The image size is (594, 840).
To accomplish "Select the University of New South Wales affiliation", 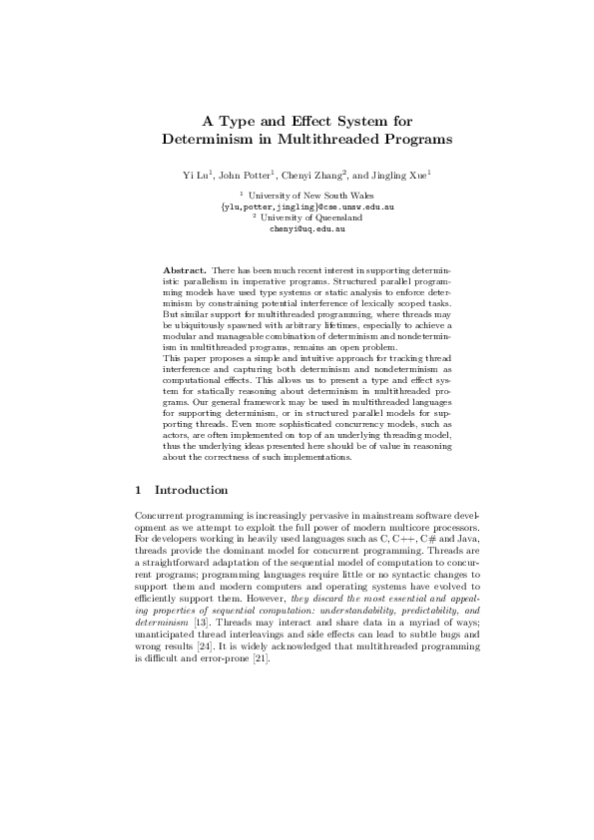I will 300,198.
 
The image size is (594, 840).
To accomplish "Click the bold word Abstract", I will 184,270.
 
